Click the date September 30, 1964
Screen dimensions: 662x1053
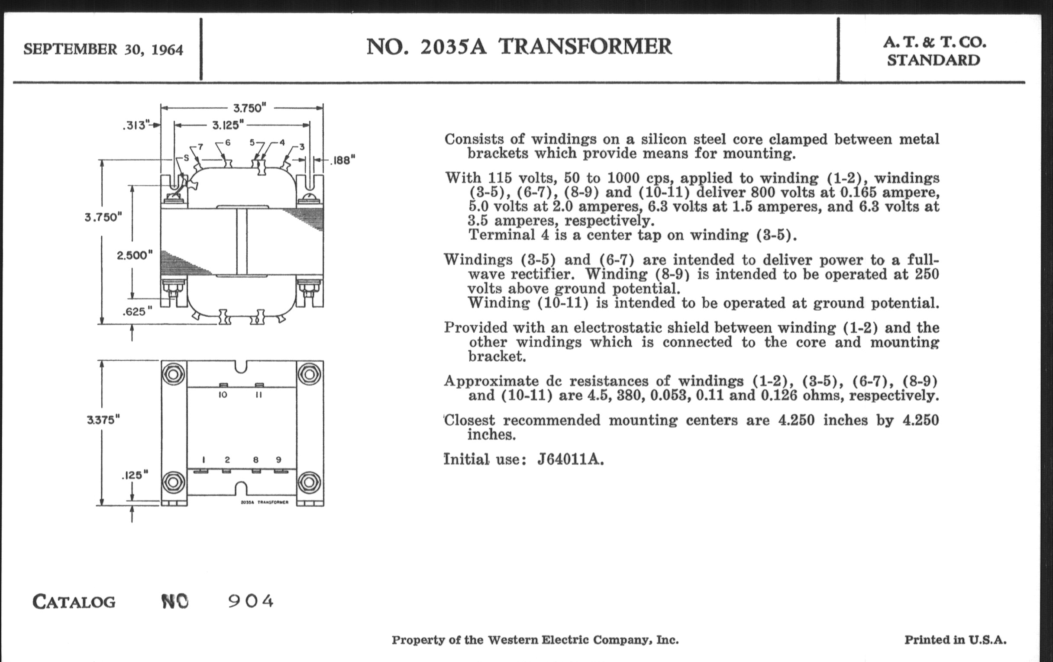click(x=103, y=49)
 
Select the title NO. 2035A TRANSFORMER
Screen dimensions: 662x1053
click(x=519, y=47)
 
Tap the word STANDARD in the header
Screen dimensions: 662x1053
click(x=933, y=60)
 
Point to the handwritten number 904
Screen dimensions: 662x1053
click(x=251, y=601)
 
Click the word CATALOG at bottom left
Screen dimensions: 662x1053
click(x=74, y=602)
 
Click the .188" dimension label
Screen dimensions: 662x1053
click(x=342, y=161)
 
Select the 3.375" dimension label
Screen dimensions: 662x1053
click(x=103, y=420)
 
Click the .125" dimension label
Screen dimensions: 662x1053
click(x=135, y=475)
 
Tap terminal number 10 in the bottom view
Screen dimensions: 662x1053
click(x=223, y=395)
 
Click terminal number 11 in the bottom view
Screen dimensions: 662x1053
click(x=258, y=395)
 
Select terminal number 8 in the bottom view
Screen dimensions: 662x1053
click(x=256, y=460)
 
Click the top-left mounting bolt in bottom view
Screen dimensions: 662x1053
click(x=174, y=374)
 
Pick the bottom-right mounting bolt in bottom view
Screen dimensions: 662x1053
click(x=309, y=482)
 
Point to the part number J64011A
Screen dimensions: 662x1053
click(x=570, y=460)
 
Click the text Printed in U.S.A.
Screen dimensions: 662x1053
click(x=955, y=640)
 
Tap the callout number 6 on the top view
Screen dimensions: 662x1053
click(x=228, y=143)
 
